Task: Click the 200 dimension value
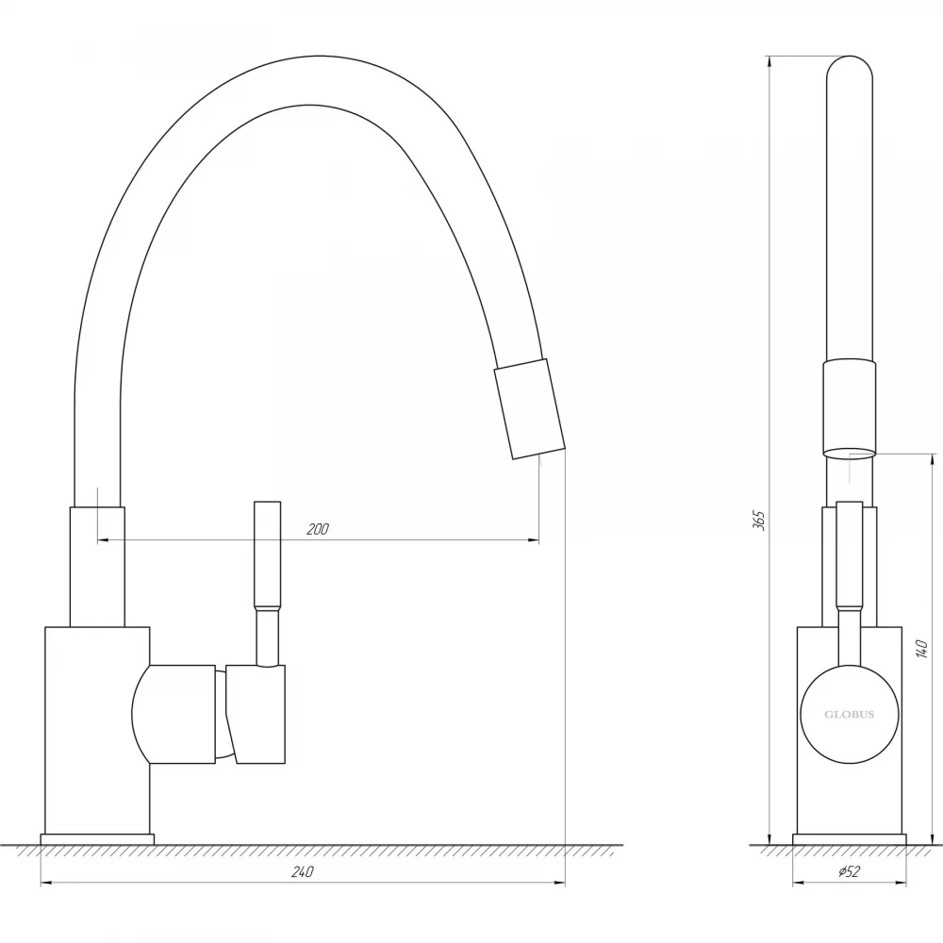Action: click(x=318, y=529)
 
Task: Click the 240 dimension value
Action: click(x=302, y=871)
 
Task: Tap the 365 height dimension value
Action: click(x=759, y=521)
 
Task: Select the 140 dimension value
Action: click(x=920, y=650)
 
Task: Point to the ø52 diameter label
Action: click(x=849, y=871)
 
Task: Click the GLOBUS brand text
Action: click(x=849, y=715)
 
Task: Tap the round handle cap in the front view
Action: click(x=849, y=715)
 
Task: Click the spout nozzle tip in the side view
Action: click(x=529, y=409)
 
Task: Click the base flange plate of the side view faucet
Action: click(x=97, y=839)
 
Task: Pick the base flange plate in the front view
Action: click(x=849, y=839)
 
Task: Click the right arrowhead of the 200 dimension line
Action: click(x=534, y=540)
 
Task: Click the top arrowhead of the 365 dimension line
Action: click(x=769, y=61)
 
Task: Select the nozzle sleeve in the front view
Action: click(x=849, y=410)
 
